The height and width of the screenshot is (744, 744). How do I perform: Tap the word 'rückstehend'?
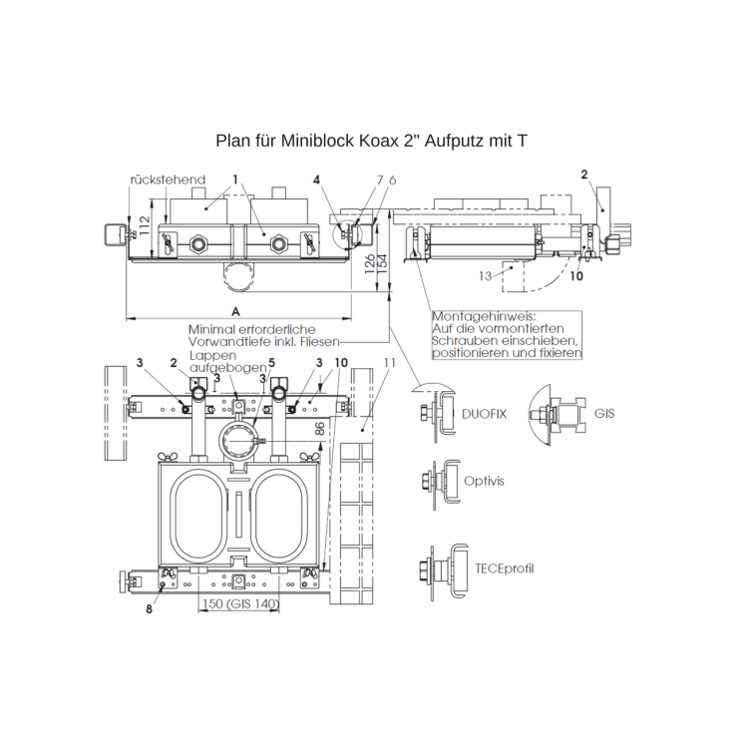click(x=167, y=180)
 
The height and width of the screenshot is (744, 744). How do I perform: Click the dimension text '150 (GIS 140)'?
click(x=240, y=604)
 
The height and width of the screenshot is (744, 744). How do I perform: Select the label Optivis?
click(x=484, y=480)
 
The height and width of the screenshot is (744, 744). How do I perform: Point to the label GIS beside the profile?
click(x=605, y=410)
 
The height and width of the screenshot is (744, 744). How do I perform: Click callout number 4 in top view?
click(x=316, y=181)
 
